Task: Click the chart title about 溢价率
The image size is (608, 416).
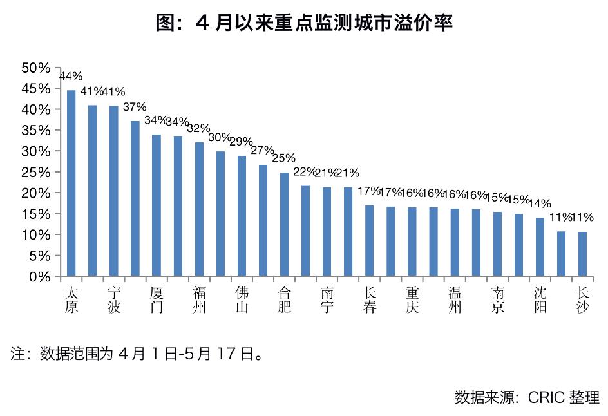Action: pyautogui.click(x=304, y=24)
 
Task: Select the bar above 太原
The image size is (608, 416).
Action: pyautogui.click(x=71, y=184)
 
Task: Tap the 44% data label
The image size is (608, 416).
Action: pyautogui.click(x=71, y=76)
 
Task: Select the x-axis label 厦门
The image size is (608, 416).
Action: pyautogui.click(x=157, y=299)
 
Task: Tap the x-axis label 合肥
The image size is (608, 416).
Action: pyautogui.click(x=284, y=299)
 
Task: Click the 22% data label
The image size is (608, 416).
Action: pyautogui.click(x=305, y=172)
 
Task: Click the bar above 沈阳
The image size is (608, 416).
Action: pyautogui.click(x=540, y=247)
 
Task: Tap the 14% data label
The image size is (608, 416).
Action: pyautogui.click(x=540, y=203)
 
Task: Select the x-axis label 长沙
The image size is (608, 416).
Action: pyautogui.click(x=582, y=299)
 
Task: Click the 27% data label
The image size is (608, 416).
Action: pyautogui.click(x=262, y=150)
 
